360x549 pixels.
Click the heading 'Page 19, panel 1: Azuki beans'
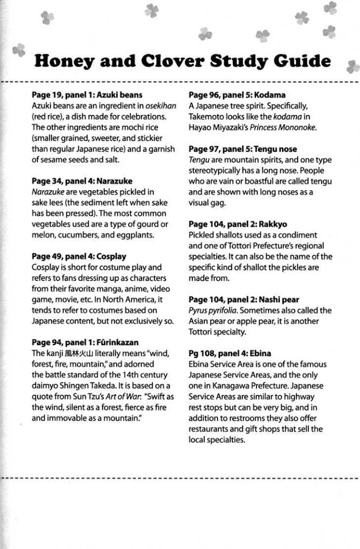tap(87, 95)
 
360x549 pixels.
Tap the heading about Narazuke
tap(82, 181)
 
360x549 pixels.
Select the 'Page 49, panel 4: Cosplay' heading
tap(79, 256)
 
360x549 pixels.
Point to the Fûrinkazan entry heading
tap(85, 342)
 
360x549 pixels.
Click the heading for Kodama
tap(237, 95)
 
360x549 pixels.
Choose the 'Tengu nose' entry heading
tap(243, 149)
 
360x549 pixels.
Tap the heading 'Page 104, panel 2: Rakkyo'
tap(238, 224)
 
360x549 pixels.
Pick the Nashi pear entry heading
tap(244, 299)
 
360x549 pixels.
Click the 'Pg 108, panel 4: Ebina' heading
tap(230, 353)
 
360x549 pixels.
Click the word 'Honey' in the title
tap(67, 62)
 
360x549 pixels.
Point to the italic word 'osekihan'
tap(160, 106)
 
